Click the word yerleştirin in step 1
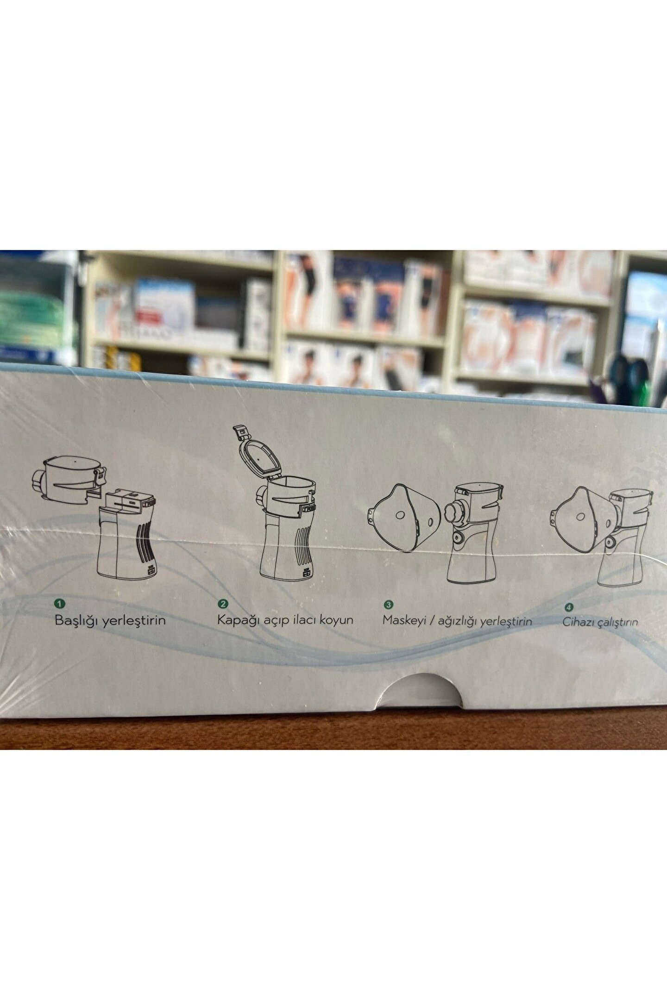[134, 621]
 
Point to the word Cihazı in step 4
[577, 621]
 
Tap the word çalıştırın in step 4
[617, 623]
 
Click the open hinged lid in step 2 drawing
[258, 453]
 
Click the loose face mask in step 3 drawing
[404, 517]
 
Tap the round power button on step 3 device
[459, 538]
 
